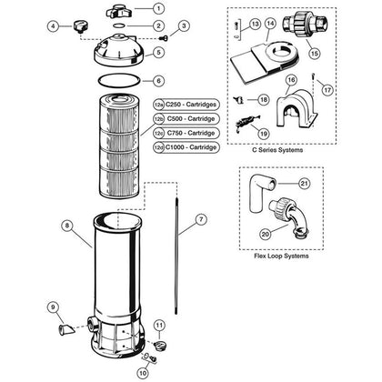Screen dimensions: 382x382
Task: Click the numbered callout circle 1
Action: (x=158, y=8)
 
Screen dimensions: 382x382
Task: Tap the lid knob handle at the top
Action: (x=118, y=12)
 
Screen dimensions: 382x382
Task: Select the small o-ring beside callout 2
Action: (x=119, y=25)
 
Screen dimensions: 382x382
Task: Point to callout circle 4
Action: (x=54, y=26)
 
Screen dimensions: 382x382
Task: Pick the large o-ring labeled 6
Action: (x=119, y=81)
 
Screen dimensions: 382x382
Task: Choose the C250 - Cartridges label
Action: (x=191, y=105)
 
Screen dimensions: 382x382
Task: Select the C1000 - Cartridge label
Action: (x=191, y=147)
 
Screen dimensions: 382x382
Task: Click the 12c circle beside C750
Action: (x=158, y=133)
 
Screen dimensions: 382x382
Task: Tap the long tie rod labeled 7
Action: (x=176, y=256)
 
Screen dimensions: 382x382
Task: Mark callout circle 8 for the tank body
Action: (x=67, y=226)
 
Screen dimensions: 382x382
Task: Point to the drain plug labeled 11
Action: (x=159, y=346)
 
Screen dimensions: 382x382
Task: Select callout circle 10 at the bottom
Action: (x=143, y=373)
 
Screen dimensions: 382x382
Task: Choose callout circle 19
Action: (x=264, y=134)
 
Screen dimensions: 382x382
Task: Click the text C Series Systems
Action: (x=277, y=150)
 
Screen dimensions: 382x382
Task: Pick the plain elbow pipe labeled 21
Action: (x=261, y=194)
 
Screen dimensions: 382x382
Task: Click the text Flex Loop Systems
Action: (x=281, y=256)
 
